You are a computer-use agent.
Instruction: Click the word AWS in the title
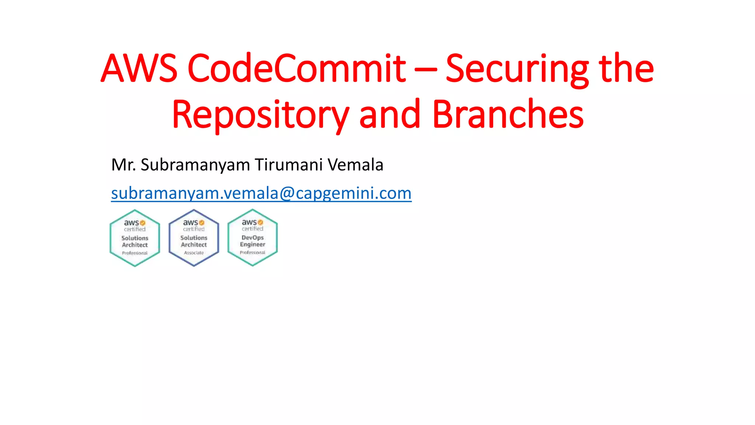point(139,68)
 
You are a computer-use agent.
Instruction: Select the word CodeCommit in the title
point(297,68)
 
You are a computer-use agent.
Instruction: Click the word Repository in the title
point(260,115)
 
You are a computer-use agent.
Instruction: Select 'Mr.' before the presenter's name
point(123,165)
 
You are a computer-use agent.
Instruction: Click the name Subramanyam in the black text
point(195,165)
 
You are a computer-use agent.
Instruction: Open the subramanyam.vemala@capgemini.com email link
point(261,193)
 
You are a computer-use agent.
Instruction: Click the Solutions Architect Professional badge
point(135,238)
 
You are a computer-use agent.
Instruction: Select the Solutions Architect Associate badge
point(194,238)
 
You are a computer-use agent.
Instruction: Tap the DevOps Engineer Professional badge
point(253,238)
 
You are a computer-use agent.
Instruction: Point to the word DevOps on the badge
point(253,238)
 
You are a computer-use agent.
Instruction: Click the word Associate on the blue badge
point(194,253)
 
